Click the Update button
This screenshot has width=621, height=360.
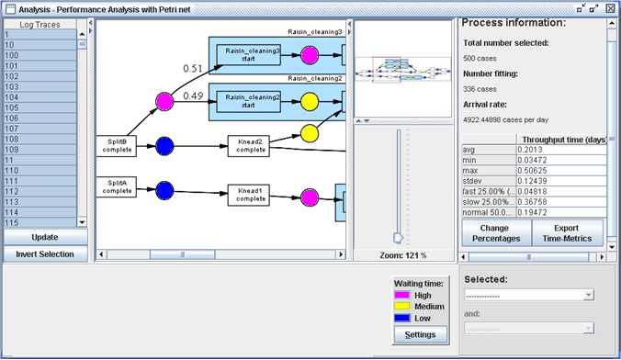(x=44, y=237)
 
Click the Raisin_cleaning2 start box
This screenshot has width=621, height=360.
(x=249, y=100)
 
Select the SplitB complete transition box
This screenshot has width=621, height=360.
(x=117, y=145)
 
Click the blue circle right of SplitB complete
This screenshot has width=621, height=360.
(x=164, y=145)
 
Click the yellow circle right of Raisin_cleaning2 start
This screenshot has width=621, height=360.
(x=310, y=100)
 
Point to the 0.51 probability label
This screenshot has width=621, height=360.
(x=193, y=68)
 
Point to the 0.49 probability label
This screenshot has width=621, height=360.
(x=193, y=96)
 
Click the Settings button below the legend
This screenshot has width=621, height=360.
(x=419, y=335)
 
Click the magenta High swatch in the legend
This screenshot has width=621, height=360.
(x=402, y=296)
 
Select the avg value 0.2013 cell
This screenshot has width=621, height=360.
(x=559, y=149)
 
